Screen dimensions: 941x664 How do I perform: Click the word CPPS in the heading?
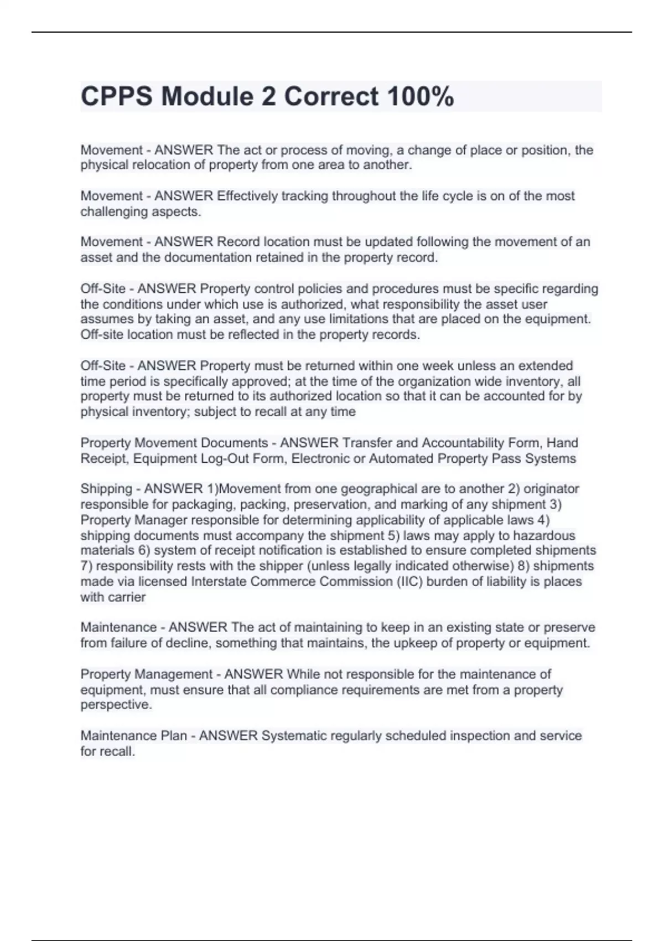[117, 97]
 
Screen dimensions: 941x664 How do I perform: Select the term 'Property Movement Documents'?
[174, 443]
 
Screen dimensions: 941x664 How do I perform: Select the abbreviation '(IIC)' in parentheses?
[409, 582]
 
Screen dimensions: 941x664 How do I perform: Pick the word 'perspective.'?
[116, 705]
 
